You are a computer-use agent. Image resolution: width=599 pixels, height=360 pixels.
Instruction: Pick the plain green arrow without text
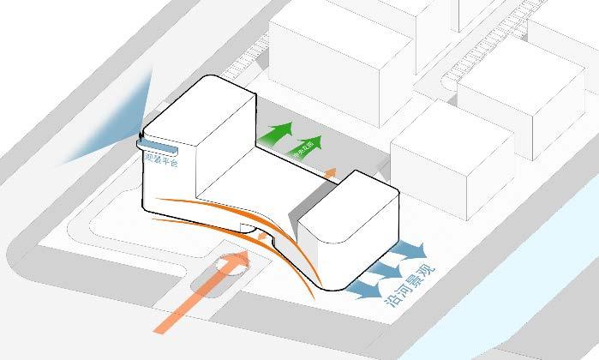(x=273, y=135)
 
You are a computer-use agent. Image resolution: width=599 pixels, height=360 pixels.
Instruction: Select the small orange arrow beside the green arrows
(x=329, y=174)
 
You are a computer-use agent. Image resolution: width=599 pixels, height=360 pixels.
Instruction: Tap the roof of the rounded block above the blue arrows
(x=347, y=201)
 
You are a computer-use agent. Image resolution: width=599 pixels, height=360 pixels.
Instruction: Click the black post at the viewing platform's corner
(x=141, y=135)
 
